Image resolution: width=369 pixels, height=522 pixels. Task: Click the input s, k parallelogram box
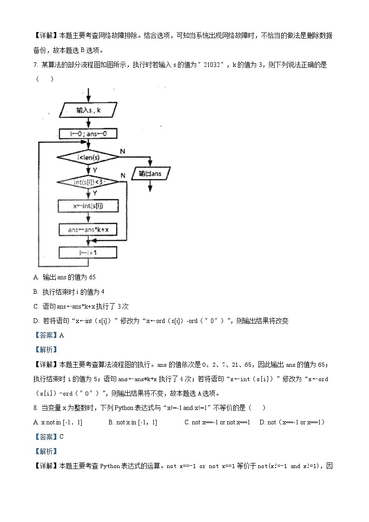click(x=88, y=111)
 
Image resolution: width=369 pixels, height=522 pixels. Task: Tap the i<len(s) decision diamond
click(x=88, y=158)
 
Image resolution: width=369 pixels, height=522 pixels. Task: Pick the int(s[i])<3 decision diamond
click(x=88, y=182)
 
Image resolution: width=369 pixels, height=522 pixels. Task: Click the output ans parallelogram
click(x=151, y=174)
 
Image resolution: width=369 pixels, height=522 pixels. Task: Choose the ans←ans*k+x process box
click(x=88, y=229)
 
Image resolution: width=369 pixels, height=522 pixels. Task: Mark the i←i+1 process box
click(x=88, y=252)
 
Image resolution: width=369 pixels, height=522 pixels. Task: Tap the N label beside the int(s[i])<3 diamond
click(x=123, y=175)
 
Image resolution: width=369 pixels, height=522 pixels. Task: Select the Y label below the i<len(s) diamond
click(x=95, y=170)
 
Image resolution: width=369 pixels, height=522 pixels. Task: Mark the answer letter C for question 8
click(x=61, y=436)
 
